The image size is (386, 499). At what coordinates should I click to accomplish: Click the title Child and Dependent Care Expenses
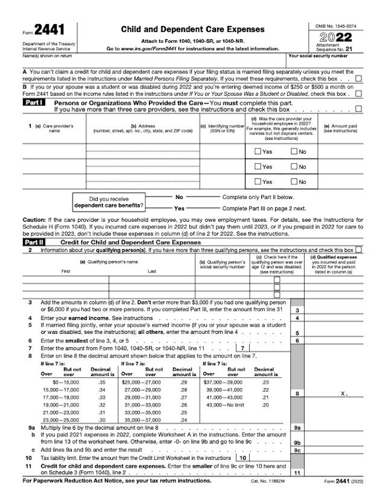tap(192, 28)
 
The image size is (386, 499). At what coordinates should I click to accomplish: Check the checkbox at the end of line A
tap(359, 78)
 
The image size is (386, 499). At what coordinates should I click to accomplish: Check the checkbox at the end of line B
tap(359, 94)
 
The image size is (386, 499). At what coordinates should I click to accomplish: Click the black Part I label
tap(31, 103)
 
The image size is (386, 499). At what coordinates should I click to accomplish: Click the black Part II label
tap(31, 242)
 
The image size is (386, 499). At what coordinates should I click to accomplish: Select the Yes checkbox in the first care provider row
tap(258, 151)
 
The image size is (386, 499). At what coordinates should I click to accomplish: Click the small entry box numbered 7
tap(241, 348)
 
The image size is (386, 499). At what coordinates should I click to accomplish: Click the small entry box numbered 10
tap(241, 457)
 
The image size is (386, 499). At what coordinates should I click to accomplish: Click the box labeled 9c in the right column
tap(297, 450)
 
